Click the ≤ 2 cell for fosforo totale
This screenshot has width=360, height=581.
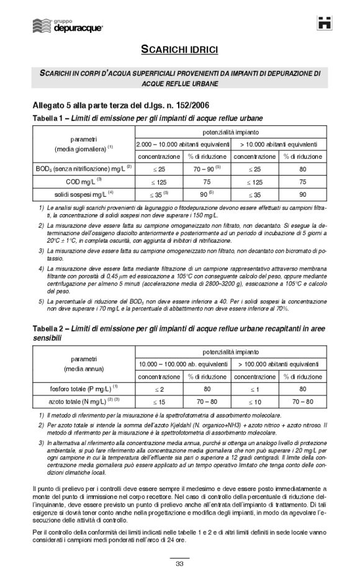[x=159, y=389]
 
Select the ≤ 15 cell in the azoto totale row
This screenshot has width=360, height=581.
[x=159, y=402]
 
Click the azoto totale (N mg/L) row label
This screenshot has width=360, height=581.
[x=83, y=402]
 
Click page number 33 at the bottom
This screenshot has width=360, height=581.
[x=179, y=564]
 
